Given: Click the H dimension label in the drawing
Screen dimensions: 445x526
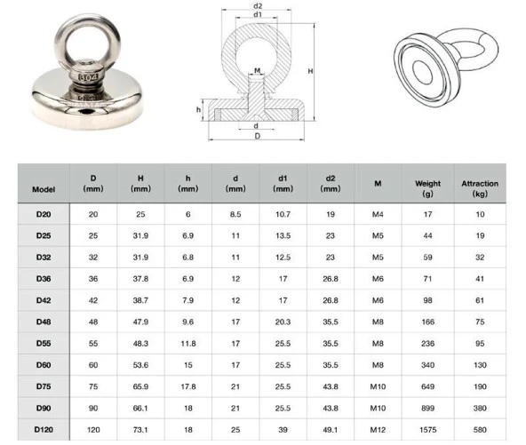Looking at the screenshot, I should [x=307, y=70].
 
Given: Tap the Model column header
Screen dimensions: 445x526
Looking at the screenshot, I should [x=43, y=189].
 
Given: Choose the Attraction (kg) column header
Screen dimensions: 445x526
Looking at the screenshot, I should [x=480, y=188].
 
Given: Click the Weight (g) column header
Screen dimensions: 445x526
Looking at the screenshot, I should [x=427, y=188].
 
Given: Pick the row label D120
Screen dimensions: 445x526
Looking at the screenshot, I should [x=43, y=428].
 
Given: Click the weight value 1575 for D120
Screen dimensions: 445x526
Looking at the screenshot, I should [x=427, y=428].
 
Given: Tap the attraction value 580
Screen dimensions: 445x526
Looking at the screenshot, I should [x=480, y=428].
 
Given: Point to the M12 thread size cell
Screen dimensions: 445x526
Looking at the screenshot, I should [x=378, y=428].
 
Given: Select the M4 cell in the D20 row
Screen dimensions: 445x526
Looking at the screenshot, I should [x=378, y=215].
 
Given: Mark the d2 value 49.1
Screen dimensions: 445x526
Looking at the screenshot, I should [x=330, y=428].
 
